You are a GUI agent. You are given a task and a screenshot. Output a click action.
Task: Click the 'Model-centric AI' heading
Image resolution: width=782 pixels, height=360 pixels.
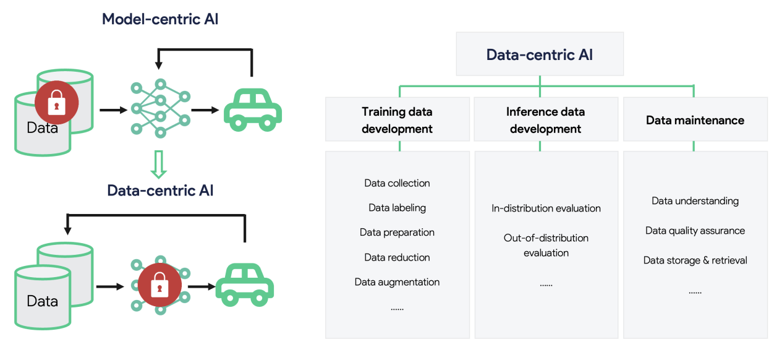point(160,19)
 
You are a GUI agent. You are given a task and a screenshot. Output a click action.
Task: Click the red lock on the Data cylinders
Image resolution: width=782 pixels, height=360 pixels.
point(56,103)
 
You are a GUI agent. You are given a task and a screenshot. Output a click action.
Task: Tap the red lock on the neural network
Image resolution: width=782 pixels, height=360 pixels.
point(159,286)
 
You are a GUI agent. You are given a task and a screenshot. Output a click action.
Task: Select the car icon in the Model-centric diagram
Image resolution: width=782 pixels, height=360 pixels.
point(252,109)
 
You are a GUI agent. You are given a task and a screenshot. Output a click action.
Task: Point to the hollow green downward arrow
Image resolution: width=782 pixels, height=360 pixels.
point(159,165)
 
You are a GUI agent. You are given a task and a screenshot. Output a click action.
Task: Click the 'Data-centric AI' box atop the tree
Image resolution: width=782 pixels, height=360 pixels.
point(540,54)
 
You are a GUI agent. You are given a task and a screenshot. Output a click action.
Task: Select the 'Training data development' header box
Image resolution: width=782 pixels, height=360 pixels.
point(397,120)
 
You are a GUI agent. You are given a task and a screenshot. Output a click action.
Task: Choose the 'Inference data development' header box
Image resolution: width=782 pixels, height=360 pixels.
point(545,120)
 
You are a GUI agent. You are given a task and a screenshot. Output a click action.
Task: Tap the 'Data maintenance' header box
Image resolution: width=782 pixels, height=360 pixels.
point(695,120)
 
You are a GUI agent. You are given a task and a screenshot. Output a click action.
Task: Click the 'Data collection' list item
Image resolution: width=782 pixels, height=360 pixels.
point(397,183)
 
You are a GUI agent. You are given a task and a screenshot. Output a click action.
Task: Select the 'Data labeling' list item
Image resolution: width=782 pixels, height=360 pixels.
point(397,208)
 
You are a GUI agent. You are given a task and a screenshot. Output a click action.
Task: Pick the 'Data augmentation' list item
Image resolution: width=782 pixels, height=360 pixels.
point(397,282)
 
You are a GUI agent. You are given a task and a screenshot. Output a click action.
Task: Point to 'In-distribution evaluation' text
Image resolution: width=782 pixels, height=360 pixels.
point(546,208)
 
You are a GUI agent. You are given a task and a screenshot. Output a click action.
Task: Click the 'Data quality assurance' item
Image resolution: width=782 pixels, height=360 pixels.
point(695,231)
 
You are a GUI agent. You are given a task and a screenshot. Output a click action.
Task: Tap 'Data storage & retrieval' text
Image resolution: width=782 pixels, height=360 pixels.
point(695,260)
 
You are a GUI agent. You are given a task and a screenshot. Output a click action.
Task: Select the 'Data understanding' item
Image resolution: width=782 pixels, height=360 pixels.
point(695,201)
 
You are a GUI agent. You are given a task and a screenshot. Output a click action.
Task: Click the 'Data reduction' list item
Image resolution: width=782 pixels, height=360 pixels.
point(397,257)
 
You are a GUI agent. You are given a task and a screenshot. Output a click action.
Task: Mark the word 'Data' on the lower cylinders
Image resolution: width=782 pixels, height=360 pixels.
point(42,302)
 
